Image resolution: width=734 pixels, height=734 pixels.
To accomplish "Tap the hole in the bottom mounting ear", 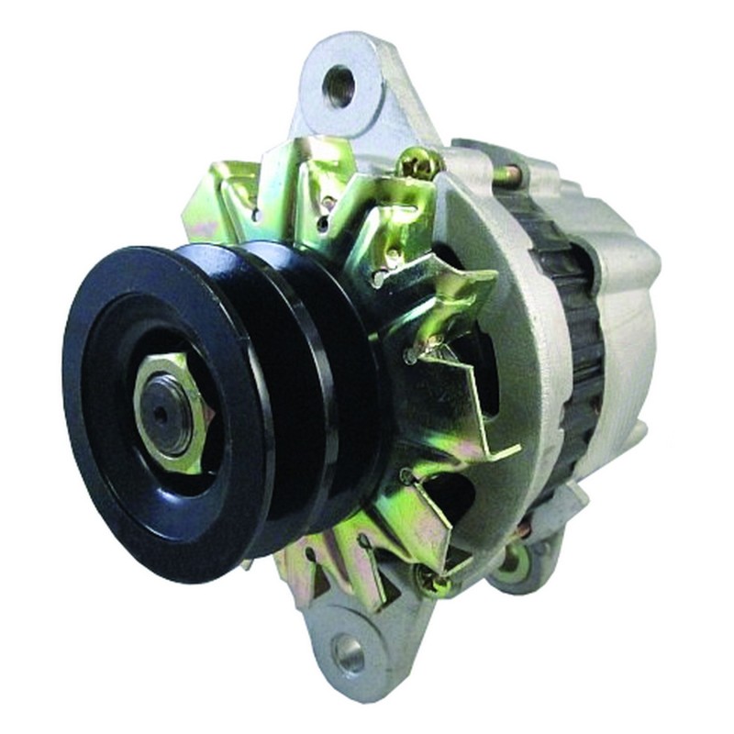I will pyautogui.click(x=349, y=652).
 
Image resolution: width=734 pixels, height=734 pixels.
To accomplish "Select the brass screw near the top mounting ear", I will pyautogui.click(x=416, y=166).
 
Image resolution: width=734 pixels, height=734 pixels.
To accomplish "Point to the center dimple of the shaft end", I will pyautogui.click(x=162, y=413).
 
